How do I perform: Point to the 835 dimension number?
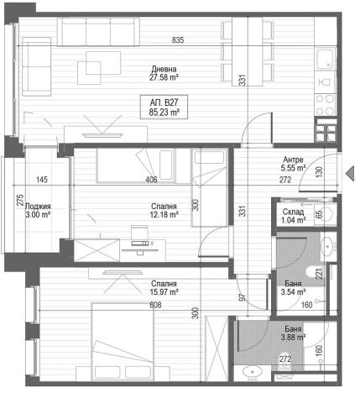pos(178,41)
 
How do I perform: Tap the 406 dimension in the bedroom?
pos(151,180)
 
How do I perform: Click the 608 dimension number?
pos(154,306)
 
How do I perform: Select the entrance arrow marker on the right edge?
pos(351,172)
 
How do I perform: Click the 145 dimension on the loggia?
pos(42,180)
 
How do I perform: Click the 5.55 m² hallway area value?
pos(292,167)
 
